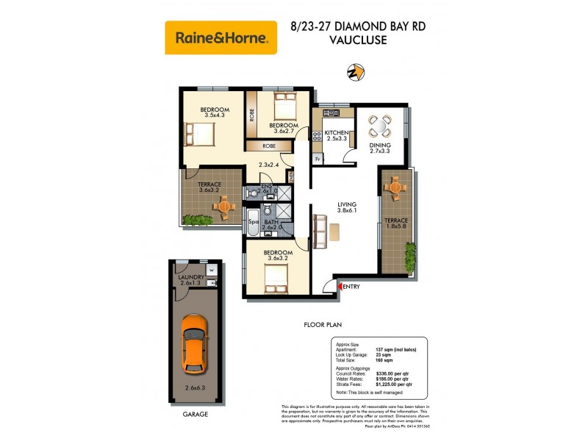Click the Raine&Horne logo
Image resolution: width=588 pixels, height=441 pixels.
tap(220, 37)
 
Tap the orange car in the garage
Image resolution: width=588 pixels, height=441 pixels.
tap(194, 343)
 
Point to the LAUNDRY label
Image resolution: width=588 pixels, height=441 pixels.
tap(190, 277)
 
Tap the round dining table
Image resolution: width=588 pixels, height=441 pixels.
tap(381, 127)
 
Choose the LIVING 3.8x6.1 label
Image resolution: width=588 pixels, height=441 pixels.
tap(346, 208)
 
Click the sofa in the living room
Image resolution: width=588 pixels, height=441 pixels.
tap(320, 231)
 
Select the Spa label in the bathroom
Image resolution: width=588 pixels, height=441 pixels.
tap(252, 221)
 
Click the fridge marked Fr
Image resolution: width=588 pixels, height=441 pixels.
tap(318, 159)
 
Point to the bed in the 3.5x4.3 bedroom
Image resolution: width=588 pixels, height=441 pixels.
tap(199, 135)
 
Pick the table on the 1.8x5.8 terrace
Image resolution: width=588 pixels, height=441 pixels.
tap(396, 189)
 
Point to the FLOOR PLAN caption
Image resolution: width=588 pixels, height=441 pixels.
tap(323, 324)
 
